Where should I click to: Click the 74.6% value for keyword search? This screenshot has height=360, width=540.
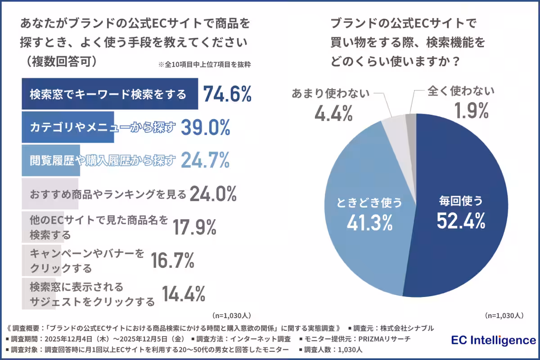pos(227,94)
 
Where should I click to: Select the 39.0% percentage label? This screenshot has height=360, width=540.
pos(205,128)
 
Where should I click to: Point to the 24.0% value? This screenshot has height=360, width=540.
pos(213,194)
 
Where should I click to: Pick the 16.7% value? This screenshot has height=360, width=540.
pos(172,261)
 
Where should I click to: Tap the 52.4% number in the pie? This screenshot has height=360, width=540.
pos(461,220)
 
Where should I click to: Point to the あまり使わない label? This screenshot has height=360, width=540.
pos(330,93)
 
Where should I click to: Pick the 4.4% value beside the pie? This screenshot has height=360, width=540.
pos(333,113)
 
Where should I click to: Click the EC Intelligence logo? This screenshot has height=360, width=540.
pos(493,340)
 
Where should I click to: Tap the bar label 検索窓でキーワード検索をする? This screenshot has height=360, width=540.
pos(108,94)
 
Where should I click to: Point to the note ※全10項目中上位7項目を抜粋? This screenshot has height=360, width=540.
pos(204,64)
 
